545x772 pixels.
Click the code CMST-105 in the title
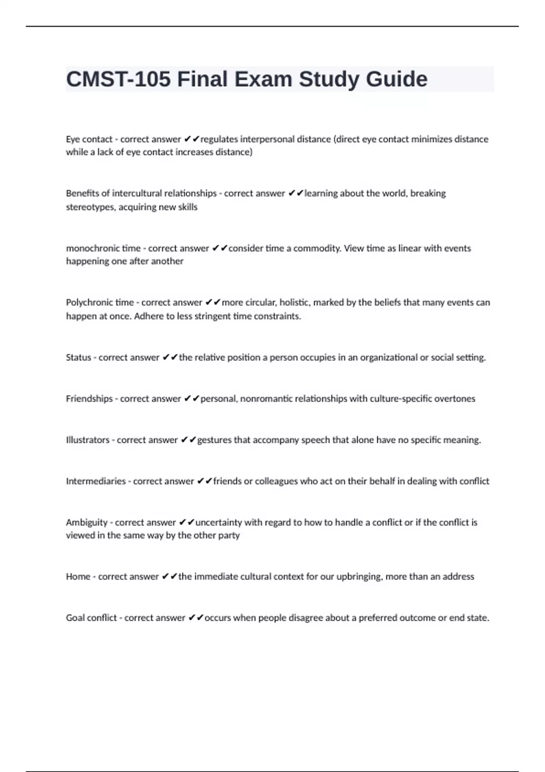coord(119,79)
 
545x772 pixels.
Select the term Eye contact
coord(89,139)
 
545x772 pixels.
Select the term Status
coord(79,357)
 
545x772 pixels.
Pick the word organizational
coord(388,357)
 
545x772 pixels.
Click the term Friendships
coord(89,399)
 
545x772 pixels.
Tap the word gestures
coord(214,440)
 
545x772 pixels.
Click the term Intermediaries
coord(96,481)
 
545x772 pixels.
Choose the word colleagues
coord(276,481)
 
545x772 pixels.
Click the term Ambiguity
coord(87,523)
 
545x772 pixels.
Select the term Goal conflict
coord(91,618)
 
